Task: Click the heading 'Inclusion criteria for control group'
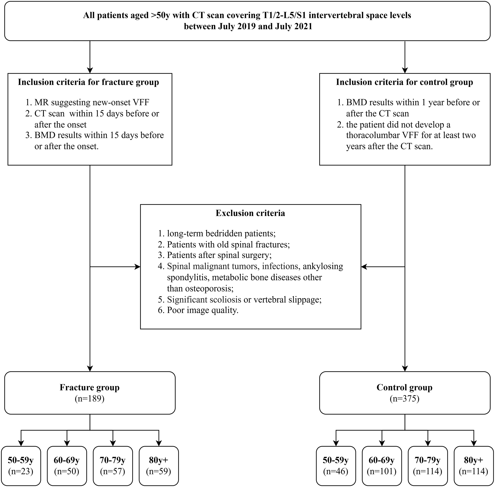pyautogui.click(x=405, y=82)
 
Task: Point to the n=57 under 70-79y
pyautogui.click(x=113, y=471)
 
